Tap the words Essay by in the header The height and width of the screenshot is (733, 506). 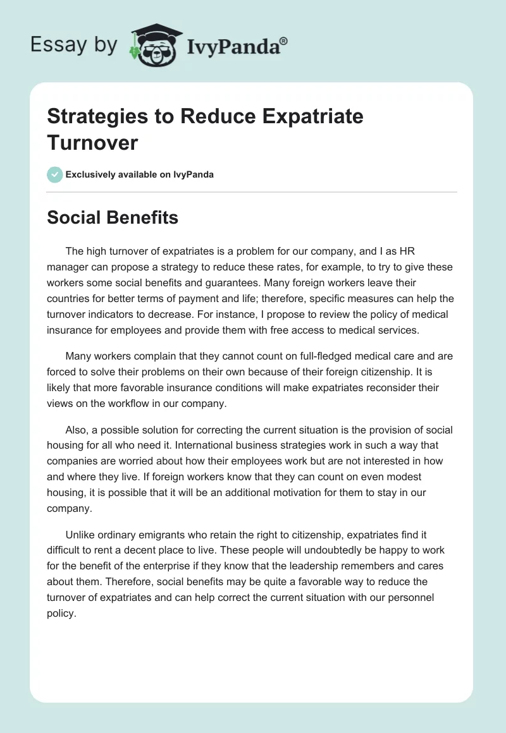pos(73,44)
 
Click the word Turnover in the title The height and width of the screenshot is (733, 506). pos(92,142)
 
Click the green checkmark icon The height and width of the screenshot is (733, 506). pos(55,174)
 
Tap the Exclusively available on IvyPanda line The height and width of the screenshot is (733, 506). pos(140,174)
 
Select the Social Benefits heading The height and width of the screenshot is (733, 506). pos(113,217)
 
